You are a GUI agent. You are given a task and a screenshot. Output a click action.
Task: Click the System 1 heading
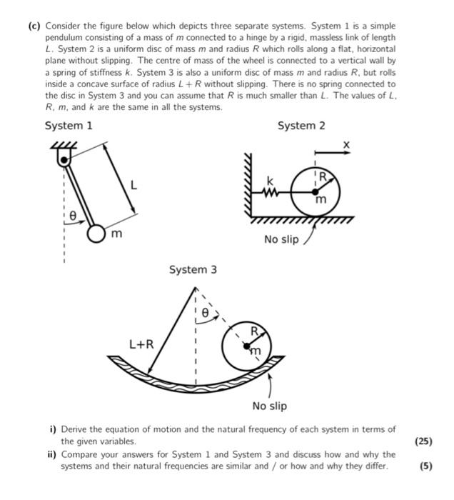69,126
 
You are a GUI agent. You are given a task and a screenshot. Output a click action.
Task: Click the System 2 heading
301,126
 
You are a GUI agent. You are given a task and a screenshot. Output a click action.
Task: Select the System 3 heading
193,270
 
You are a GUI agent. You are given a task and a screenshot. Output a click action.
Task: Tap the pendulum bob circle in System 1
97,234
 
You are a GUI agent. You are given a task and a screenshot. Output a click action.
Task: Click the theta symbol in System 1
72,214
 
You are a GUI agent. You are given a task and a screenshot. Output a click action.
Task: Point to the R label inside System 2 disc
322,175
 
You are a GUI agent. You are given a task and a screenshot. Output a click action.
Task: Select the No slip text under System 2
281,239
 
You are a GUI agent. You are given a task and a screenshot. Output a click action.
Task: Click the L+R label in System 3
142,344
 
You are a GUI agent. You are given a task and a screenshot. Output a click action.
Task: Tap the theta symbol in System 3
205,313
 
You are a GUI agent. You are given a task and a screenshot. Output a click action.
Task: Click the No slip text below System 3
269,406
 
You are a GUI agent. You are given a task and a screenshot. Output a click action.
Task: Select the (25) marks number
423,441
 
